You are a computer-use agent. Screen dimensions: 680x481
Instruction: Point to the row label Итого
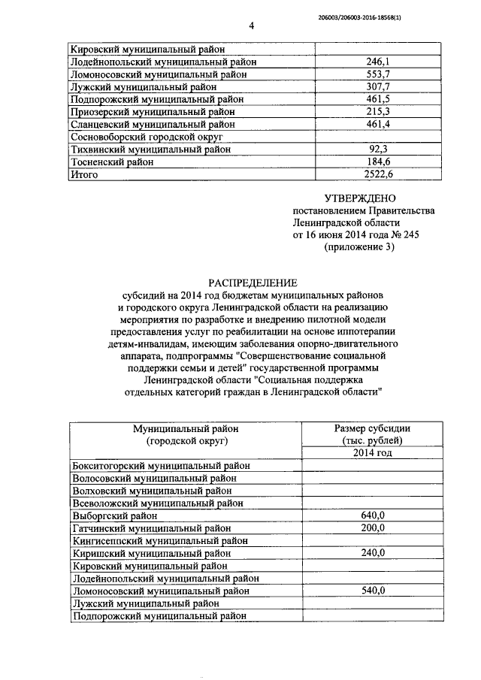pyautogui.click(x=83, y=174)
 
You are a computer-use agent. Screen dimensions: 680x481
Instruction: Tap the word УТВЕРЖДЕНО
pyautogui.click(x=358, y=198)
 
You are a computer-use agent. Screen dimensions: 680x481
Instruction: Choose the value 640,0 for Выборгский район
pyautogui.click(x=372, y=515)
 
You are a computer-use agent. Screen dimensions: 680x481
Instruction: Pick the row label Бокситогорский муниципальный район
pyautogui.click(x=161, y=465)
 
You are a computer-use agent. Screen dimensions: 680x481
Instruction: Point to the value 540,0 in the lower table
pyautogui.click(x=372, y=591)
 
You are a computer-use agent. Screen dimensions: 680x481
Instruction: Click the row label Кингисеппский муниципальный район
pyautogui.click(x=160, y=540)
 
